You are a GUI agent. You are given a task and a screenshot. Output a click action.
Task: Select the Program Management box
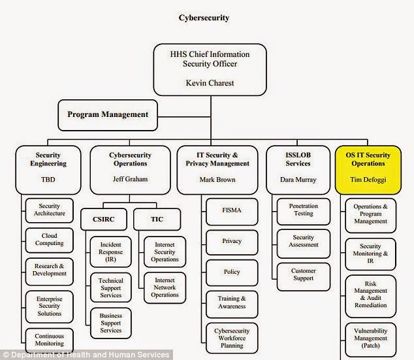point(108,114)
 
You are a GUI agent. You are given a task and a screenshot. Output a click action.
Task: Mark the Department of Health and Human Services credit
point(87,354)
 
